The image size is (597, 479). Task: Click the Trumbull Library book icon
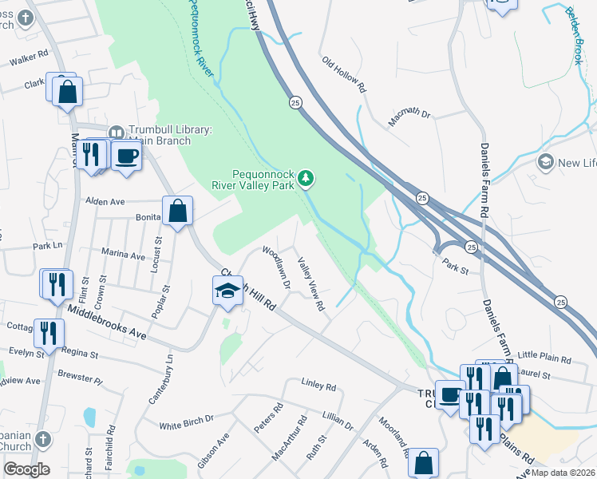[116, 132]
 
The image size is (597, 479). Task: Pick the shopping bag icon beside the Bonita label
[178, 211]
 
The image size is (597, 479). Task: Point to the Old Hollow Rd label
[343, 74]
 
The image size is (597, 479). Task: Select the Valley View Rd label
[310, 283]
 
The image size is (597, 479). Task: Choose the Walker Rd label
[29, 59]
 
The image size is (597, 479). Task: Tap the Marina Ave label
[123, 255]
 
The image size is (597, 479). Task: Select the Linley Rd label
[319, 386]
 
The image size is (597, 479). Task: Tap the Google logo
[26, 469]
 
